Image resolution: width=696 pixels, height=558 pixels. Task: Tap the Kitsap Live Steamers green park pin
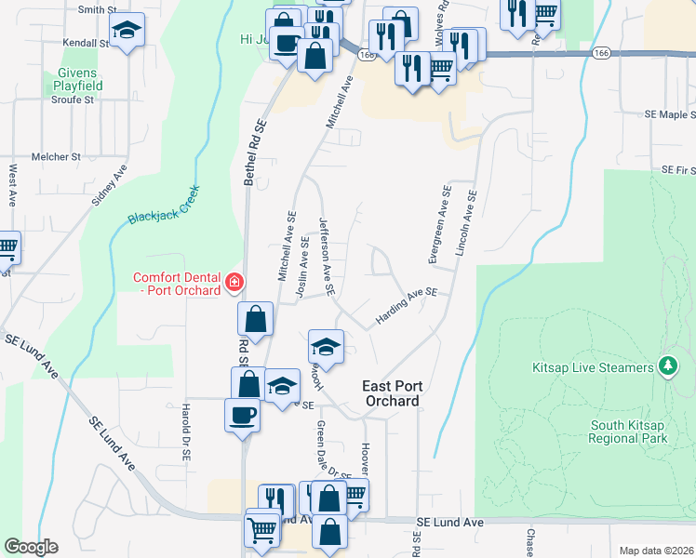(x=666, y=367)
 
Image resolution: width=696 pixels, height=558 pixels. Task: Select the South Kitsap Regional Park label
(x=629, y=432)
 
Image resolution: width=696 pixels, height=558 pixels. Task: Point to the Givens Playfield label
(x=78, y=79)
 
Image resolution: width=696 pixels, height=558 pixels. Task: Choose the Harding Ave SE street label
(x=406, y=306)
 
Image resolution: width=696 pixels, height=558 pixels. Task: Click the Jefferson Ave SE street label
(x=327, y=250)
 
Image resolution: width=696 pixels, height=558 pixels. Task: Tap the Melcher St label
(x=57, y=157)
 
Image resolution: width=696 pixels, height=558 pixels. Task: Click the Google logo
(x=31, y=547)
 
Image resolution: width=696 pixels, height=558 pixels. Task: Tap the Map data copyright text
(x=655, y=551)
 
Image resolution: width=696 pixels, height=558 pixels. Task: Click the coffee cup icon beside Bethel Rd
(x=242, y=414)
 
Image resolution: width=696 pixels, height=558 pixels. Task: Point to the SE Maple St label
(x=670, y=114)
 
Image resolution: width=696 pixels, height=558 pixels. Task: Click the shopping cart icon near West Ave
(x=6, y=247)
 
